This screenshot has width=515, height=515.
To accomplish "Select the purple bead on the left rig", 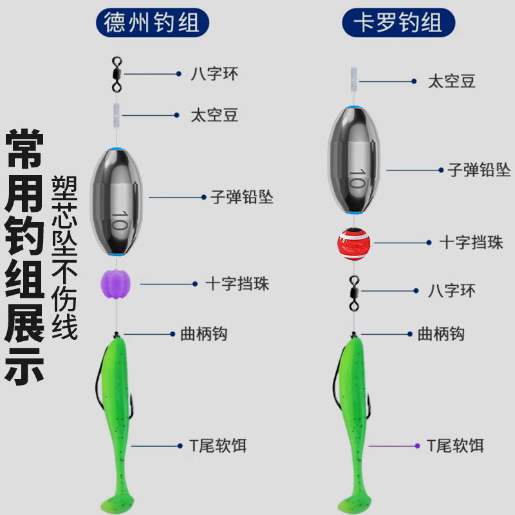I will pyautogui.click(x=116, y=283).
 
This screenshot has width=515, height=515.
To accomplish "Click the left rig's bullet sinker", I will pyautogui.click(x=116, y=201).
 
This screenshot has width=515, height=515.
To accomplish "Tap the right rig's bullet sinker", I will pyautogui.click(x=353, y=159).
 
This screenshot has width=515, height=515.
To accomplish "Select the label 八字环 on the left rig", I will pyautogui.click(x=214, y=74).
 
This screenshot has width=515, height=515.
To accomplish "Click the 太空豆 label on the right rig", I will pyautogui.click(x=452, y=81).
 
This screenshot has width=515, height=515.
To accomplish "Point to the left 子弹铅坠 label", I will pyautogui.click(x=242, y=196).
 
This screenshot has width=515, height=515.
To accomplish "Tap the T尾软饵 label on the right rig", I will pyautogui.click(x=454, y=445).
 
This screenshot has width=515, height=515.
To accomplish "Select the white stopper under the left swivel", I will pyautogui.click(x=116, y=115).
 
